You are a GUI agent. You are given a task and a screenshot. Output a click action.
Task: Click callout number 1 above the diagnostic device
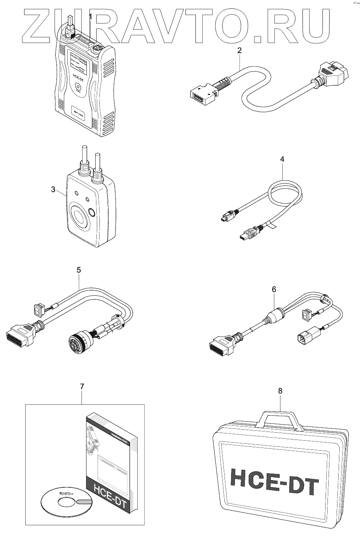tap(90, 16)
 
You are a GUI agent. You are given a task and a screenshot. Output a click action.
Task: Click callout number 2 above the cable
tap(239, 50)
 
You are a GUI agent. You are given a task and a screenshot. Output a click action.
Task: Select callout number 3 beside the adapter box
tap(54, 189)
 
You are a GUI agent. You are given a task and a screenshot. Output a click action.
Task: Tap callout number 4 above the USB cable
tap(282, 159)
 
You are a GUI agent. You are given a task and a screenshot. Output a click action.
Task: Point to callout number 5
tap(78, 270)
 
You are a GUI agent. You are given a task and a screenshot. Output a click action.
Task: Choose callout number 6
tap(274, 289)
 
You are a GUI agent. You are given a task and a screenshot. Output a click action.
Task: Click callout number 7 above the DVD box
tap(81, 387)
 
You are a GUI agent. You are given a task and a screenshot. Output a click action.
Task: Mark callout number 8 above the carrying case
tap(280, 391)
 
